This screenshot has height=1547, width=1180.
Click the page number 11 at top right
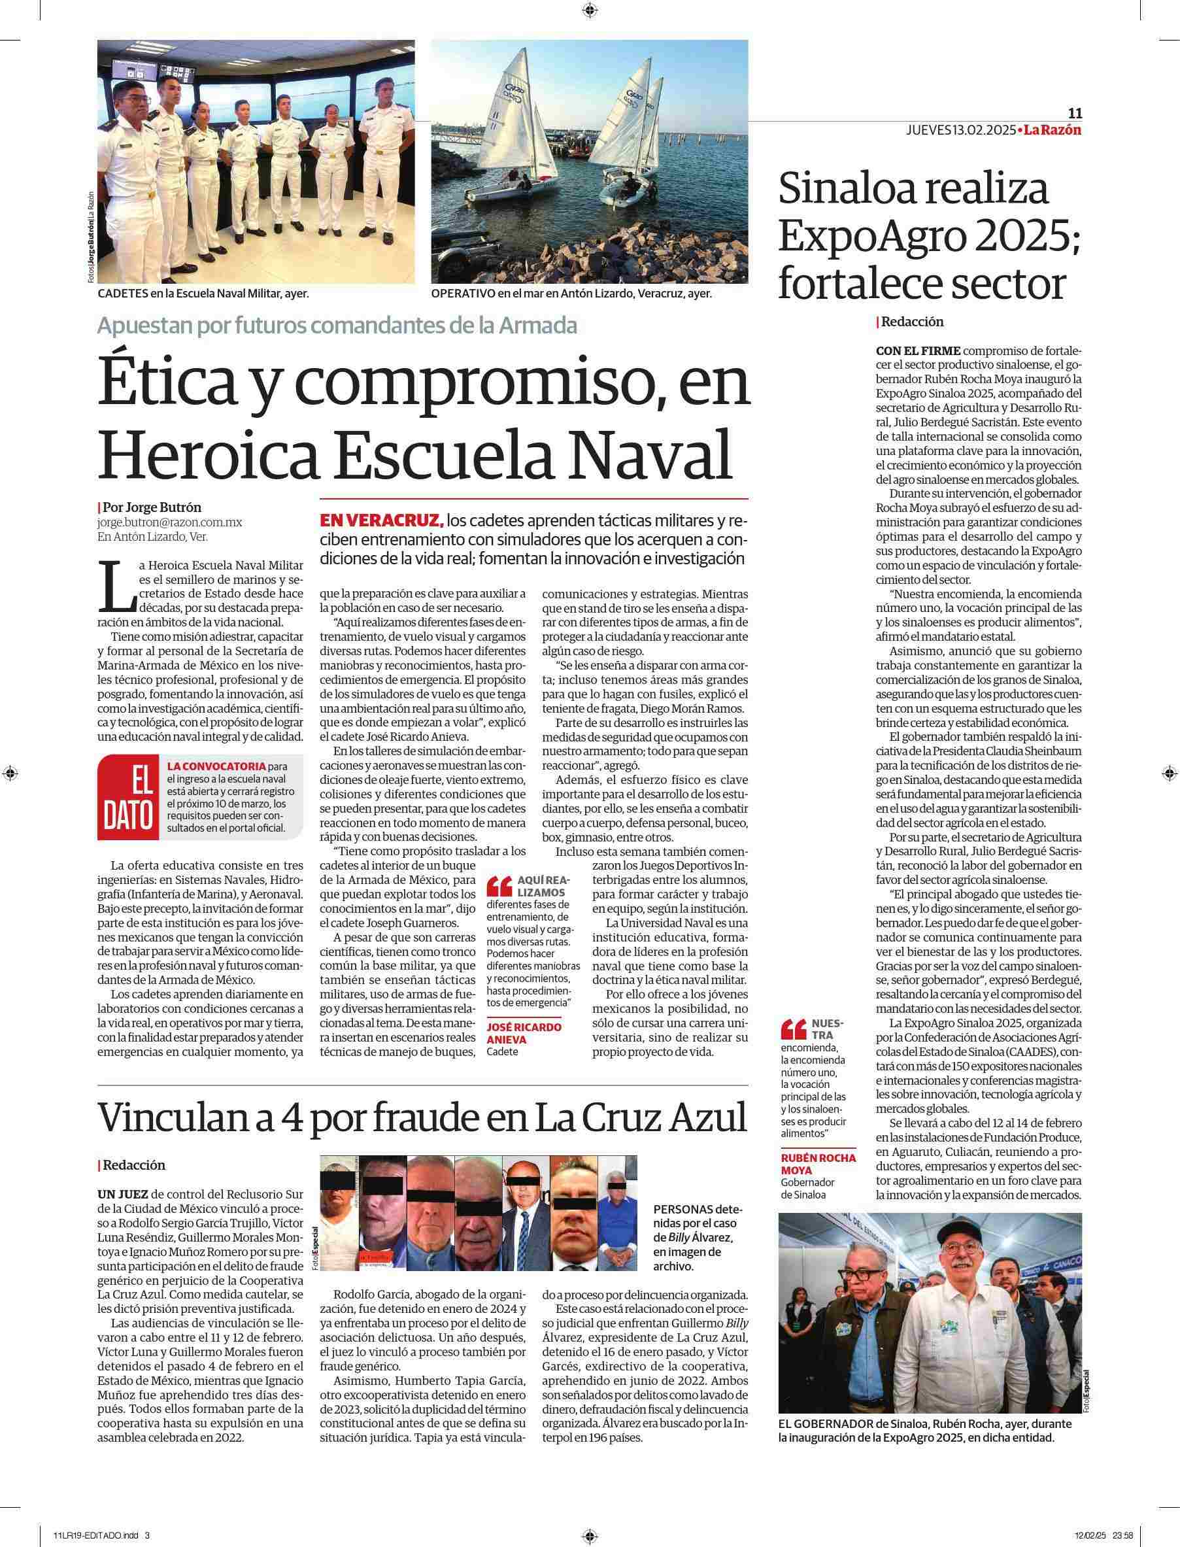[x=1075, y=113]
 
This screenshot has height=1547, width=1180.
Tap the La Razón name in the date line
[x=1052, y=130]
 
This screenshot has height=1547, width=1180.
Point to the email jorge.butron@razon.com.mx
[x=170, y=522]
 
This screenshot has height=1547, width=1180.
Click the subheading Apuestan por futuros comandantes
[x=337, y=325]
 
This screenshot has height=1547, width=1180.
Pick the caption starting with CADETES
[x=204, y=294]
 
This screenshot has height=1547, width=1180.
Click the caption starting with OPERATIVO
[x=571, y=294]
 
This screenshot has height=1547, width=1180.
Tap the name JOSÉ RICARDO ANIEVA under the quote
[x=523, y=1032]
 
